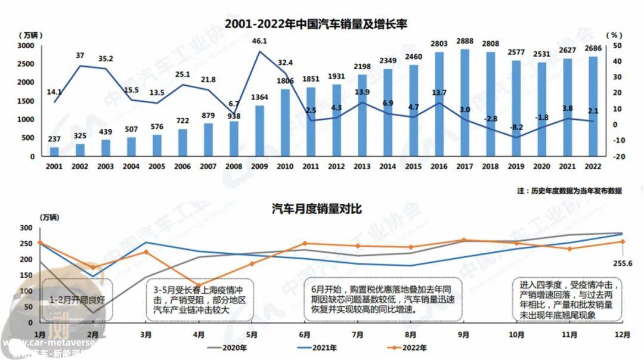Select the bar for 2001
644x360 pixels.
tap(54, 151)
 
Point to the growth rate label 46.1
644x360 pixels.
tap(259, 42)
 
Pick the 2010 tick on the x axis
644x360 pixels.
tap(285, 165)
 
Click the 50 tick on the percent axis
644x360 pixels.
tap(618, 46)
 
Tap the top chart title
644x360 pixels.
tap(316, 24)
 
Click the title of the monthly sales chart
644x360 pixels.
tap(317, 209)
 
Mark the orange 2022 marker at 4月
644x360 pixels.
tap(199, 286)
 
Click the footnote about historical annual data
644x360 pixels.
tap(569, 191)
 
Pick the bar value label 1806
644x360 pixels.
tap(285, 81)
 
